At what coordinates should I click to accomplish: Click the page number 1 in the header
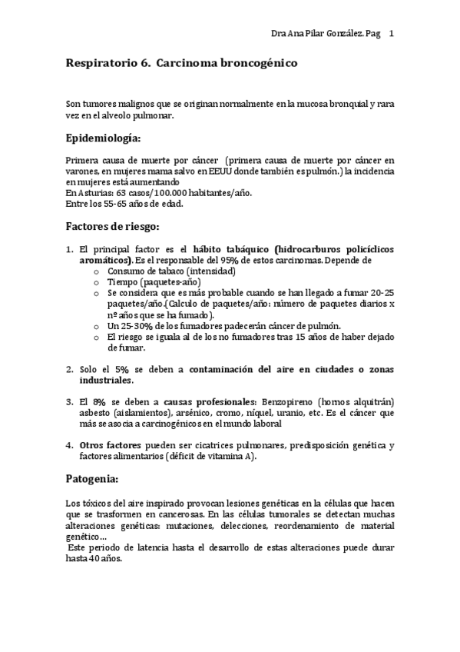click(392, 34)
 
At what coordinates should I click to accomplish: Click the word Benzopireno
click(288, 402)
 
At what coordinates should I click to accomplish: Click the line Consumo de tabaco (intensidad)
click(170, 271)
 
